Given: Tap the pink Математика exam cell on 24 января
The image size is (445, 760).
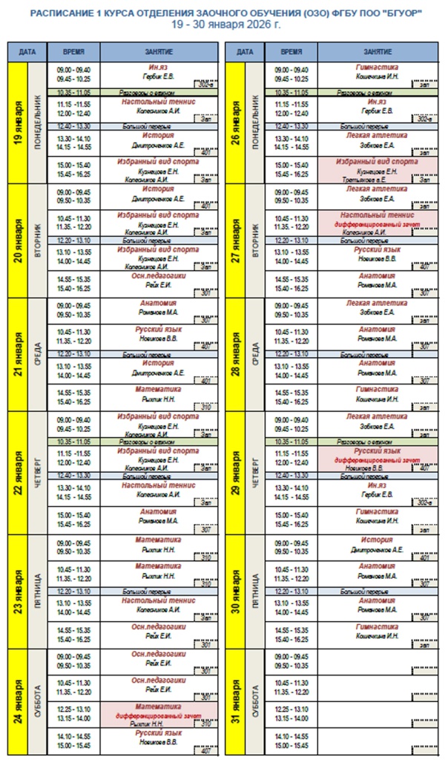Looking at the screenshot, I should coord(158,713).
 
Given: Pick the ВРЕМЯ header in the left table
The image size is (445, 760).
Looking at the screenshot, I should coord(74,53).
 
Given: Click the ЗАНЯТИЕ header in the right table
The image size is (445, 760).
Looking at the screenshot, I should coord(378,53).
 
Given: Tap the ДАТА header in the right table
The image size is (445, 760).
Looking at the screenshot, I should coord(245,53).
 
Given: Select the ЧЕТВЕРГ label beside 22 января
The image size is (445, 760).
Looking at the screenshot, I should coord(37,471).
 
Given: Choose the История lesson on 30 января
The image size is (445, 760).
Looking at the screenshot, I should coord(377,540).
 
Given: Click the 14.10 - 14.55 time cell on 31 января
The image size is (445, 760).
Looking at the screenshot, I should coord(293,736).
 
